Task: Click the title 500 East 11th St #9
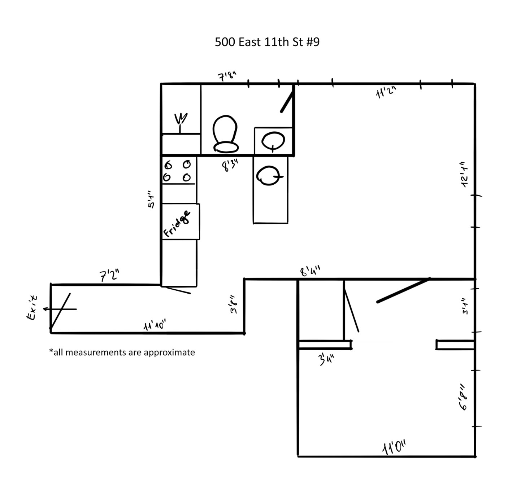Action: click(267, 42)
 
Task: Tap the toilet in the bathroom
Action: click(225, 134)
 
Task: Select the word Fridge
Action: click(177, 224)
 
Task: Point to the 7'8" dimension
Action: click(227, 76)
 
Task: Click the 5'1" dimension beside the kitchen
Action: click(151, 199)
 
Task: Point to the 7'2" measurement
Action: click(109, 276)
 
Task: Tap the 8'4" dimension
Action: click(310, 271)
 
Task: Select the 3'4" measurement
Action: click(327, 359)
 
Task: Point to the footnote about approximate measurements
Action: click(122, 352)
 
